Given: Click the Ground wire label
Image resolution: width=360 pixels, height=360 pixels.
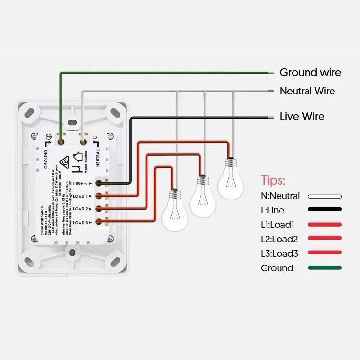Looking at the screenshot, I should tap(310, 73).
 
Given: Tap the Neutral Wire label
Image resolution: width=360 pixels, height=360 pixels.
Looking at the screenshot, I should tap(307, 91).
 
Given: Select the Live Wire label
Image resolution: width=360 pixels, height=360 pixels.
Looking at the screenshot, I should tap(302, 116).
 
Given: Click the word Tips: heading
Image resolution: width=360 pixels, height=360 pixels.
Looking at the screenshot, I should tap(273, 181).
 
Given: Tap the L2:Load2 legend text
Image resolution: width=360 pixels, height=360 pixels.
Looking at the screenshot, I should tap(279, 239).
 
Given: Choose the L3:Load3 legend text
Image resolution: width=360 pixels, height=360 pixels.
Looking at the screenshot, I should tap(279, 253).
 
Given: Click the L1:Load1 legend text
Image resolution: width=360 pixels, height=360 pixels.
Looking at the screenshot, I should tap(279, 225).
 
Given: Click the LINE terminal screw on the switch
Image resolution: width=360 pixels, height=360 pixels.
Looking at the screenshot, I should tap(99, 183).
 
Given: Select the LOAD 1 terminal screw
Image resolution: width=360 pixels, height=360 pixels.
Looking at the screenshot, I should tap(99, 196).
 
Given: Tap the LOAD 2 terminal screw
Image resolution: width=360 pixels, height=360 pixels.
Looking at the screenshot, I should tap(99, 209).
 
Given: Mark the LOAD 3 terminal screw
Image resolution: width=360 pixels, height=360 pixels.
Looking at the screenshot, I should tap(99, 222).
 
